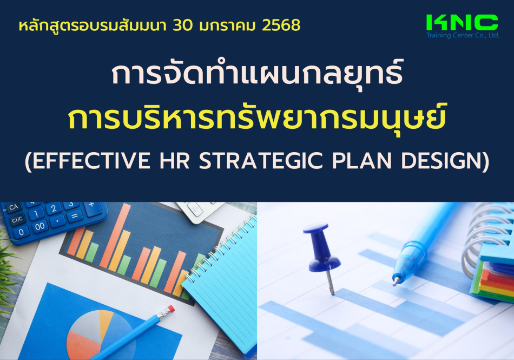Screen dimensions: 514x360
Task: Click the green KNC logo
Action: (x=462, y=23)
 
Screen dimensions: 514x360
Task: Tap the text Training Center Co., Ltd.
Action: (x=463, y=35)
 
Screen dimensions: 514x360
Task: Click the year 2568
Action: (x=281, y=25)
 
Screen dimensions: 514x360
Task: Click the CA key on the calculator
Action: (x=14, y=207)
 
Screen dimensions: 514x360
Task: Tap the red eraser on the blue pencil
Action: (x=170, y=309)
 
